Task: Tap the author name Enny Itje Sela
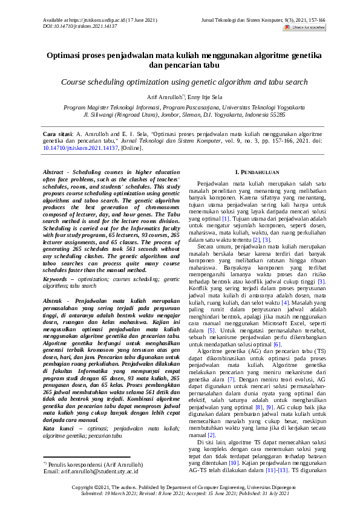[x=204, y=97]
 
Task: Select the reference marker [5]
[x=211, y=331]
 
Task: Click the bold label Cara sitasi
[x=59, y=133]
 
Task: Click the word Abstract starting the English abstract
[x=55, y=172]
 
